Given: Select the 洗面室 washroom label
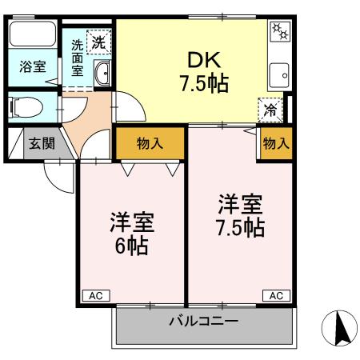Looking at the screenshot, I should (x=77, y=58).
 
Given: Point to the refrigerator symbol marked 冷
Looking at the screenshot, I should (x=272, y=110).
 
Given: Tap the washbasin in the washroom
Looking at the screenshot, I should (x=102, y=76).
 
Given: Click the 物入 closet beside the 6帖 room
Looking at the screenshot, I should (x=150, y=144).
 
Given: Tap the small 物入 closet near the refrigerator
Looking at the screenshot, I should (x=275, y=144).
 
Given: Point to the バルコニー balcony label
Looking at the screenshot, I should (x=203, y=322).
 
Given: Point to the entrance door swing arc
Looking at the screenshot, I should (x=60, y=176).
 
